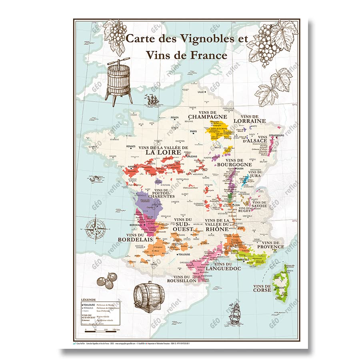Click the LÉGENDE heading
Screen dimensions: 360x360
88,299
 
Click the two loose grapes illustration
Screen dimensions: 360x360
107,280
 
